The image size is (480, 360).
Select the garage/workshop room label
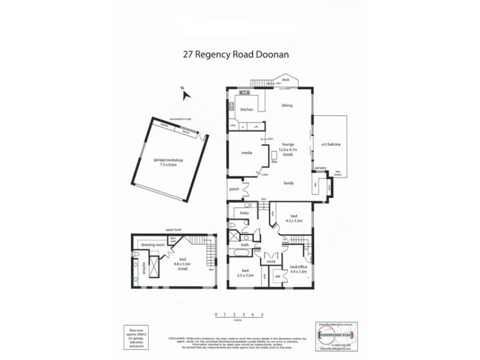coord(169,163)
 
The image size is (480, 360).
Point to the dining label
coord(287,106)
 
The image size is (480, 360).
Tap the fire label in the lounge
coord(274,161)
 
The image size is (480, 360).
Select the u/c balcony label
coord(331,145)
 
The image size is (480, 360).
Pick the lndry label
coord(245,213)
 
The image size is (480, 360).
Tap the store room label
coord(271,260)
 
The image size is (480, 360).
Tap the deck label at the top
coord(286,79)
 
